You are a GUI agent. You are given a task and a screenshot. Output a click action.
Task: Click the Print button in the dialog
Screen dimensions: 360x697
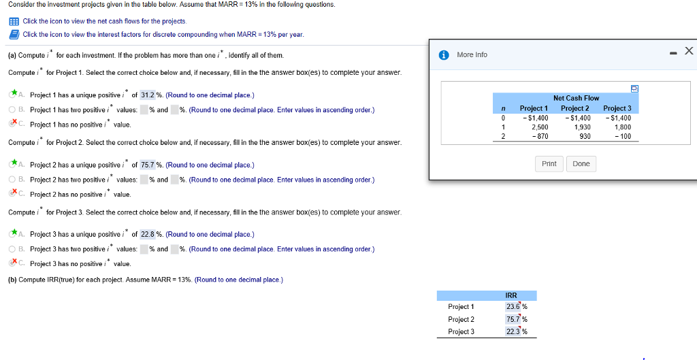549,164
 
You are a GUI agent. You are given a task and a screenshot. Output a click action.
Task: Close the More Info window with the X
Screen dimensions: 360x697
689,51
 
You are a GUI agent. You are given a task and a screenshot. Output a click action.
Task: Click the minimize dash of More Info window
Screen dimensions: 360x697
674,52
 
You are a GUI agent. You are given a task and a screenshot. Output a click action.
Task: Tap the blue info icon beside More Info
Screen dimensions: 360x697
444,55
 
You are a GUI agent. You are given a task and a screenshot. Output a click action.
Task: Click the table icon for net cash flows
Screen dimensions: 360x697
14,22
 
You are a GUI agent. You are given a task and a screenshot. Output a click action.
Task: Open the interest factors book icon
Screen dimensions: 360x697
14,34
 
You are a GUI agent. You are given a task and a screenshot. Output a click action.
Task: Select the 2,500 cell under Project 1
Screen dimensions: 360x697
540,127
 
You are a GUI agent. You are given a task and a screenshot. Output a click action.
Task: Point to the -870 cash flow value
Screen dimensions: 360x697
540,137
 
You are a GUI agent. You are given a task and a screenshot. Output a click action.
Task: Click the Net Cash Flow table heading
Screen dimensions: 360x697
576,99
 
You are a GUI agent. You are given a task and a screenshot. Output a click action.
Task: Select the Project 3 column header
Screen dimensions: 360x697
617,108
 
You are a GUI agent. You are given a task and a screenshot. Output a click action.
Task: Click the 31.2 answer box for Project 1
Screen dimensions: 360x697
148,95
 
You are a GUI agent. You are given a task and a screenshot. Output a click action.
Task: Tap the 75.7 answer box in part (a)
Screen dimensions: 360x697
148,165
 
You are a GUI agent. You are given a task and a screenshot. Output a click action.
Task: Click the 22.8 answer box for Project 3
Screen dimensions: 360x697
148,234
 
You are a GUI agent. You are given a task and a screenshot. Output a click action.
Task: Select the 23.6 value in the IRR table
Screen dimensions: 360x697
513,307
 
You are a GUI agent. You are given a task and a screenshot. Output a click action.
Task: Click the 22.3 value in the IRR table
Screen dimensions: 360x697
513,332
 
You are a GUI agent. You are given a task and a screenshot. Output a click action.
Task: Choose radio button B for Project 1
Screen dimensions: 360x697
12,110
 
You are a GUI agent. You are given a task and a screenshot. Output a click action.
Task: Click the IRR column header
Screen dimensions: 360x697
511,295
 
